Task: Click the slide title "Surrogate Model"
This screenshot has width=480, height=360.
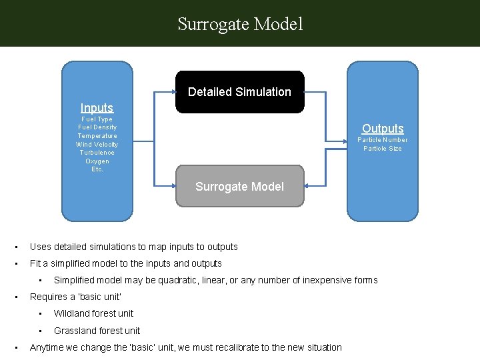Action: [x=240, y=25]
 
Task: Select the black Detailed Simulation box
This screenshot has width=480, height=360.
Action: [x=239, y=92]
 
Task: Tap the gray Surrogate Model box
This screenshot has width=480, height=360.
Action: [x=239, y=187]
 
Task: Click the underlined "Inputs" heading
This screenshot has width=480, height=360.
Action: [x=97, y=108]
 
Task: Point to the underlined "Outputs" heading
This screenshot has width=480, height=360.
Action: [x=383, y=128]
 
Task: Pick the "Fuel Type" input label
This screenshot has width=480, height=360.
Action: [x=97, y=119]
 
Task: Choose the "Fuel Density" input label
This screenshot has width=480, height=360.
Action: [x=97, y=127]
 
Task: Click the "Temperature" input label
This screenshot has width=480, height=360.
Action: [x=97, y=136]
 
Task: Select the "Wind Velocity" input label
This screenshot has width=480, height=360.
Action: [x=97, y=144]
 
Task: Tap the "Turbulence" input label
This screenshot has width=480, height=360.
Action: [x=97, y=153]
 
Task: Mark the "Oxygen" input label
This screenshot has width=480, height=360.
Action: [x=97, y=161]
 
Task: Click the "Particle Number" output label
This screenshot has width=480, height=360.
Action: [x=383, y=140]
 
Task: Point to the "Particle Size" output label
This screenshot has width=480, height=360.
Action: [x=383, y=149]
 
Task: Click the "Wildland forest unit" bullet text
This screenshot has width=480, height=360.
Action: [x=93, y=313]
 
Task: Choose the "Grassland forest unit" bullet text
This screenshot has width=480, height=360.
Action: [x=97, y=331]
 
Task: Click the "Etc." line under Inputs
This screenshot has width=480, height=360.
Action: [x=97, y=169]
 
